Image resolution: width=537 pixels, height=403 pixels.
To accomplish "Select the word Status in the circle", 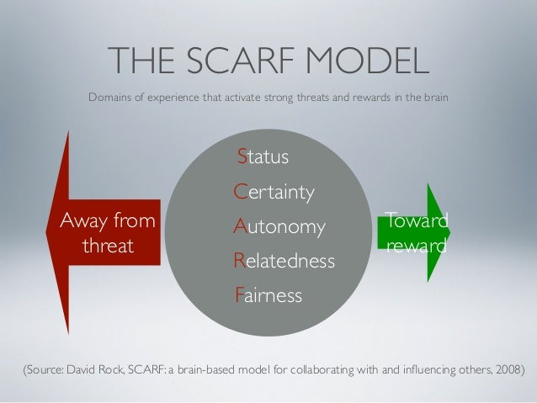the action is [x=263, y=156].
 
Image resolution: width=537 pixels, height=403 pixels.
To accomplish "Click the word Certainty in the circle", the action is [x=275, y=193].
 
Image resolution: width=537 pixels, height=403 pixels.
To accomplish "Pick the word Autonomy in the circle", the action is [x=279, y=227].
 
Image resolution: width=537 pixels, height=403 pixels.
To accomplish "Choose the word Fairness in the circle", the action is [x=268, y=296].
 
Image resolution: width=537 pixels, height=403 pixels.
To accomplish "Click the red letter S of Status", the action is [x=242, y=156].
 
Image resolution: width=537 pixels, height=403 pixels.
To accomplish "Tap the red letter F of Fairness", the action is [x=239, y=296].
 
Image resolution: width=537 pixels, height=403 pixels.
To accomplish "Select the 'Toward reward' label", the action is [x=416, y=235].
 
